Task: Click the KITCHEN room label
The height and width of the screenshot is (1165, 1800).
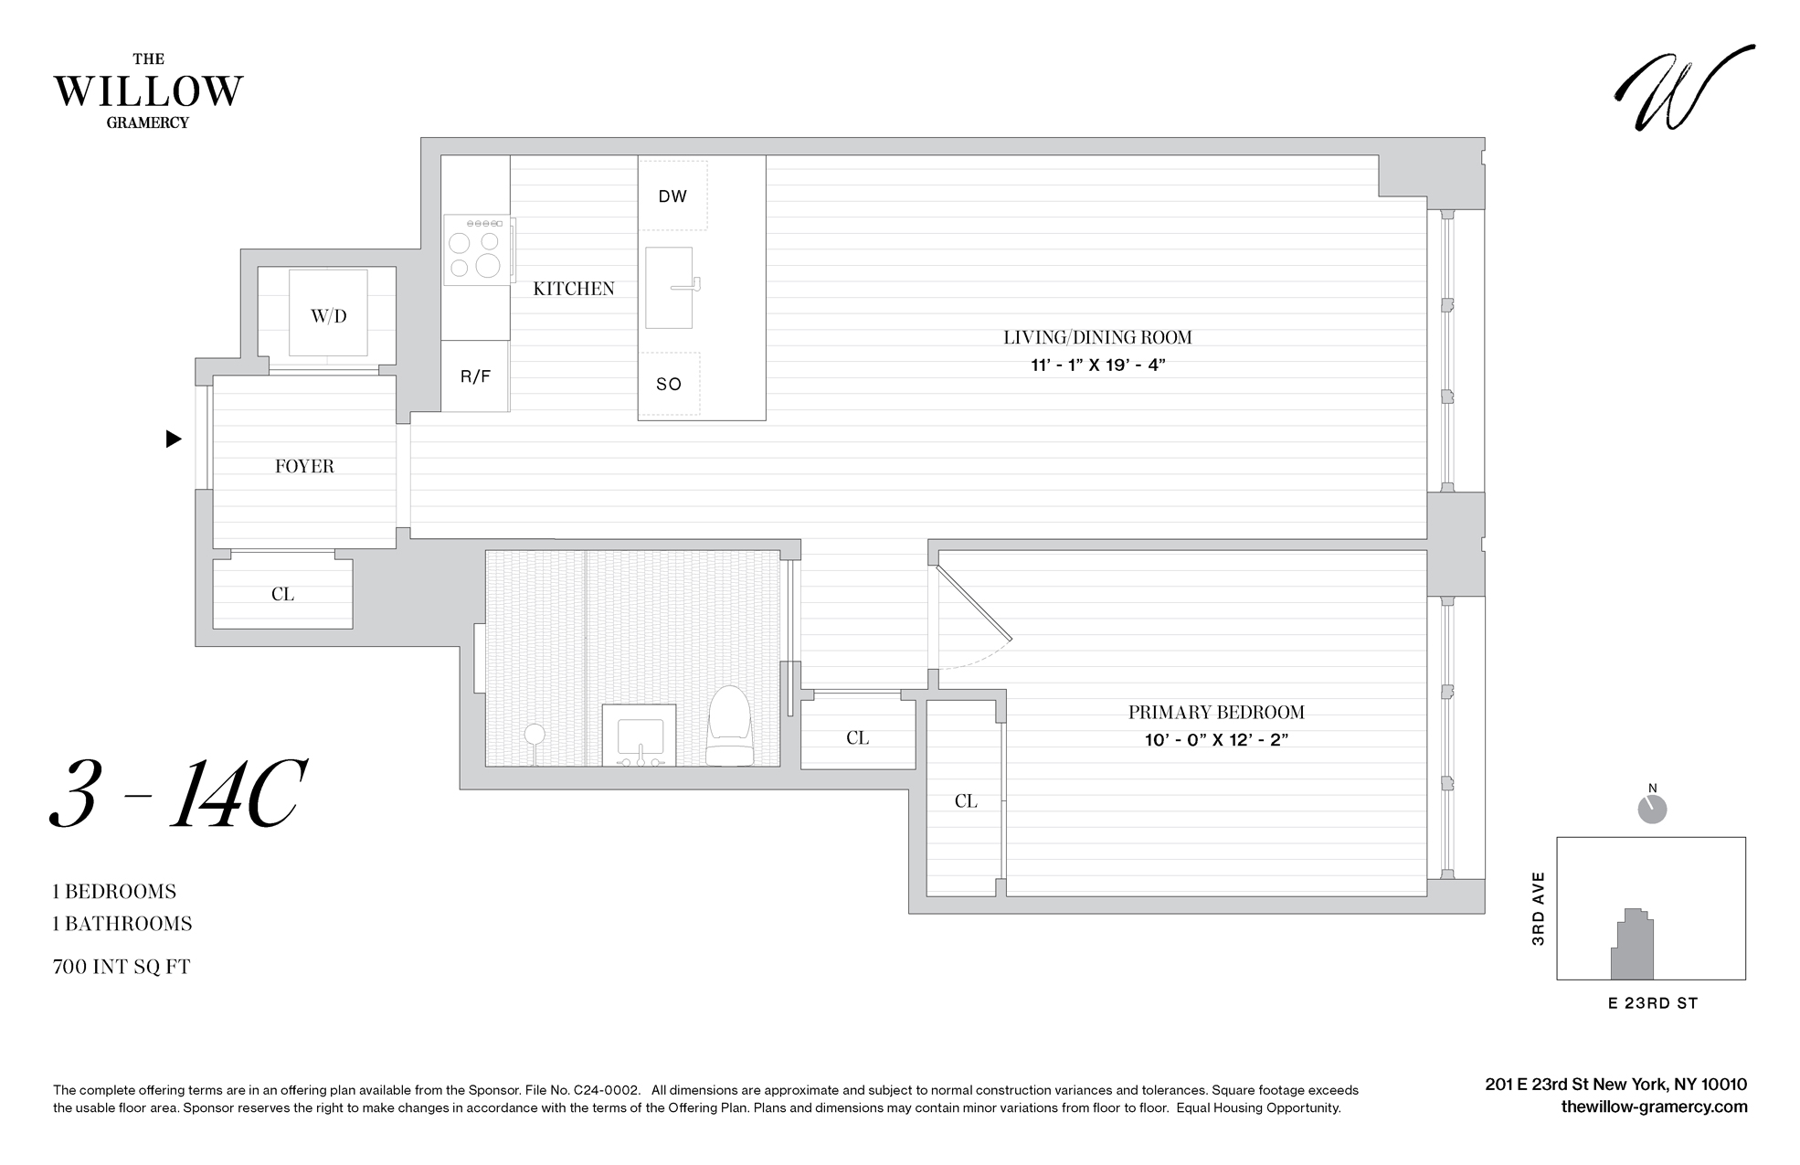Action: tap(574, 289)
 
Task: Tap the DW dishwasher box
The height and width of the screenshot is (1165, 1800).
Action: tap(672, 196)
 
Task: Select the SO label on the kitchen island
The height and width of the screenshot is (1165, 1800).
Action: tap(669, 385)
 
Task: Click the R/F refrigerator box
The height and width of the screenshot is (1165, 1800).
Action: tap(475, 376)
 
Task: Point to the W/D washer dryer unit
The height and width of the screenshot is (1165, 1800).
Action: tap(329, 315)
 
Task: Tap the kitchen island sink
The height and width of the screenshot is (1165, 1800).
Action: tap(670, 288)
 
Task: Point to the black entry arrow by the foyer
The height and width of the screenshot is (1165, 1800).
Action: tap(173, 440)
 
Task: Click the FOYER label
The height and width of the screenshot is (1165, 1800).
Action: tap(304, 467)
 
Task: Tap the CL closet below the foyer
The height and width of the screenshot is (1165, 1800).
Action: tap(282, 594)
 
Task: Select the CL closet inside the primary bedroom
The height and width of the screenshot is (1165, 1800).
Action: tap(966, 801)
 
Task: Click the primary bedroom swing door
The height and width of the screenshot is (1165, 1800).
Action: tap(974, 603)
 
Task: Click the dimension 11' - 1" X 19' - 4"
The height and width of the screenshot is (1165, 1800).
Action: tap(1097, 365)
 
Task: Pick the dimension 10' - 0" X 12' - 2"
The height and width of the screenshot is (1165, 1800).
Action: tap(1216, 740)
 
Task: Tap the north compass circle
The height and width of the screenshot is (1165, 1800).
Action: tap(1652, 810)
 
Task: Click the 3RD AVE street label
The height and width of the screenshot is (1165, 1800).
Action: tap(1538, 908)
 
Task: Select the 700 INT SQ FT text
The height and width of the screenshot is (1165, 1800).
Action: tap(122, 967)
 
